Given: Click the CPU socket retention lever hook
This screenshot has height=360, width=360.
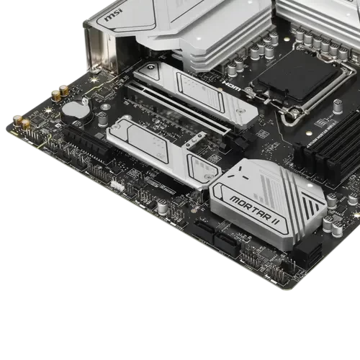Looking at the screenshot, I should coord(251,91).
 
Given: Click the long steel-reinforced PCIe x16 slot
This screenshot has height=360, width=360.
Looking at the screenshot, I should coord(173,116).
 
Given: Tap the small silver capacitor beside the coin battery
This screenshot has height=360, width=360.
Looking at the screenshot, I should coord(105,107).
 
